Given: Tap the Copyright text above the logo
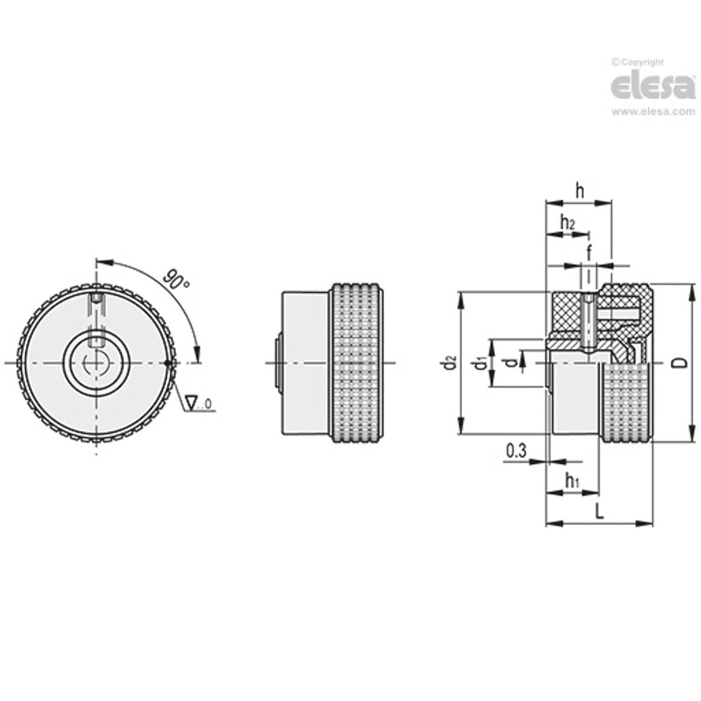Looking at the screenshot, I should pyautogui.click(x=640, y=62).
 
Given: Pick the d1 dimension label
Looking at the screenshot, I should pyautogui.click(x=478, y=364).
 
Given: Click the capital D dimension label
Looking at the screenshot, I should pyautogui.click(x=682, y=362).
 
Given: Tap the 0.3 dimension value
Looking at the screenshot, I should pyautogui.click(x=516, y=450).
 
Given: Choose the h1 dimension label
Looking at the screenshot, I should pyautogui.click(x=572, y=479).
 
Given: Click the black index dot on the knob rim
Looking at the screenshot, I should pyautogui.click(x=167, y=363).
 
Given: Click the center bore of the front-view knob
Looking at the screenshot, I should pyautogui.click(x=96, y=363).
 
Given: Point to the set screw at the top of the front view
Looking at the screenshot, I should pyautogui.click(x=96, y=301).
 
